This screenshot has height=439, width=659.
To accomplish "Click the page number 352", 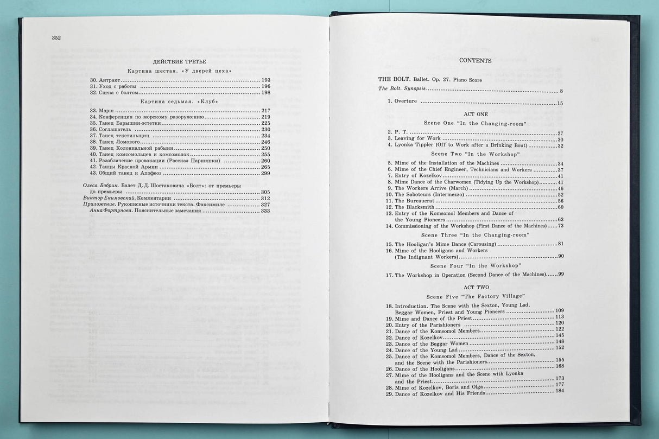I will click(x=56, y=37).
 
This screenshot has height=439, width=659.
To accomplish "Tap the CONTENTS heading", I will click(x=475, y=60).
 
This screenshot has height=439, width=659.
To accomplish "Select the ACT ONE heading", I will click(x=476, y=114).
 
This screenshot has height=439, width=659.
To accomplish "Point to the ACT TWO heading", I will click(x=476, y=287).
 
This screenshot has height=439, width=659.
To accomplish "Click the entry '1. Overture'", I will click(x=402, y=101).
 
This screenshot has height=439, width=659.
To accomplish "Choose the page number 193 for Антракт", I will click(x=265, y=80).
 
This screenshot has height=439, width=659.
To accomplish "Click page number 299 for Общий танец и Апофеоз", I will click(x=265, y=173).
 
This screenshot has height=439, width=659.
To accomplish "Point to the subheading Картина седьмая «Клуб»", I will click(x=179, y=101).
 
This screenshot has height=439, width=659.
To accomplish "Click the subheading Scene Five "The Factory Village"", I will click(x=475, y=296).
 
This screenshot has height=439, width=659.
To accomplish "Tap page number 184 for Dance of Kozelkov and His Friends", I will click(x=560, y=391).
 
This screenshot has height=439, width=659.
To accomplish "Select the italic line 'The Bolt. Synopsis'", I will click(x=402, y=89).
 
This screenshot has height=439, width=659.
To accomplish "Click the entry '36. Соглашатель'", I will click(x=112, y=129).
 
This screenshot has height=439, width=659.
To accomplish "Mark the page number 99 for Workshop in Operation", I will click(x=561, y=274).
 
